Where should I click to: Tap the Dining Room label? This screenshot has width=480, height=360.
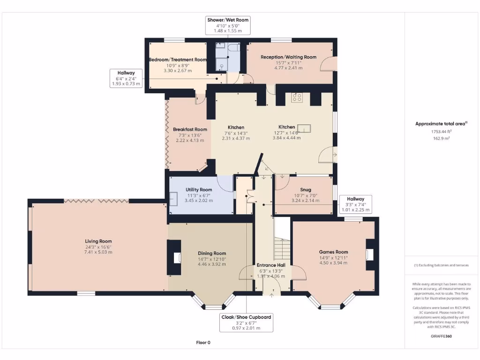pyautogui.click(x=212, y=254)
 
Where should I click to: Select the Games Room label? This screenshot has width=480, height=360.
pyautogui.click(x=333, y=252)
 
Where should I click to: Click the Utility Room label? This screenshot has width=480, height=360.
pyautogui.click(x=199, y=190)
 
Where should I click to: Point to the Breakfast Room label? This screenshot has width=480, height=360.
pyautogui.click(x=190, y=129)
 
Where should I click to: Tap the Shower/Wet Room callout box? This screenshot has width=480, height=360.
pyautogui.click(x=228, y=25)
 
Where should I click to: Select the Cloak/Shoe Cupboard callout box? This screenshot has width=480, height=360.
pyautogui.click(x=246, y=322)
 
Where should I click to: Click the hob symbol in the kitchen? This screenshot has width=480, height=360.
pyautogui.click(x=297, y=97)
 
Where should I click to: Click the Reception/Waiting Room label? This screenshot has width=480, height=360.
pyautogui.click(x=288, y=57)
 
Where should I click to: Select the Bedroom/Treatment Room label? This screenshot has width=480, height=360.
pyautogui.click(x=178, y=60)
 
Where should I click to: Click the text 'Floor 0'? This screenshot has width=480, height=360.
pyautogui.click(x=203, y=342)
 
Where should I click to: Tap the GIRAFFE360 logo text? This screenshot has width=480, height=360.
pyautogui.click(x=441, y=336)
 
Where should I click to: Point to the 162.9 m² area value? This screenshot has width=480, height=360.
pyautogui.click(x=441, y=139)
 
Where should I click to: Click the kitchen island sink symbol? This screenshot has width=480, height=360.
pyautogui.click(x=306, y=129)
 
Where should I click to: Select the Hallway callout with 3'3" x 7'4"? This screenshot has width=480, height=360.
pyautogui.click(x=355, y=204)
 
